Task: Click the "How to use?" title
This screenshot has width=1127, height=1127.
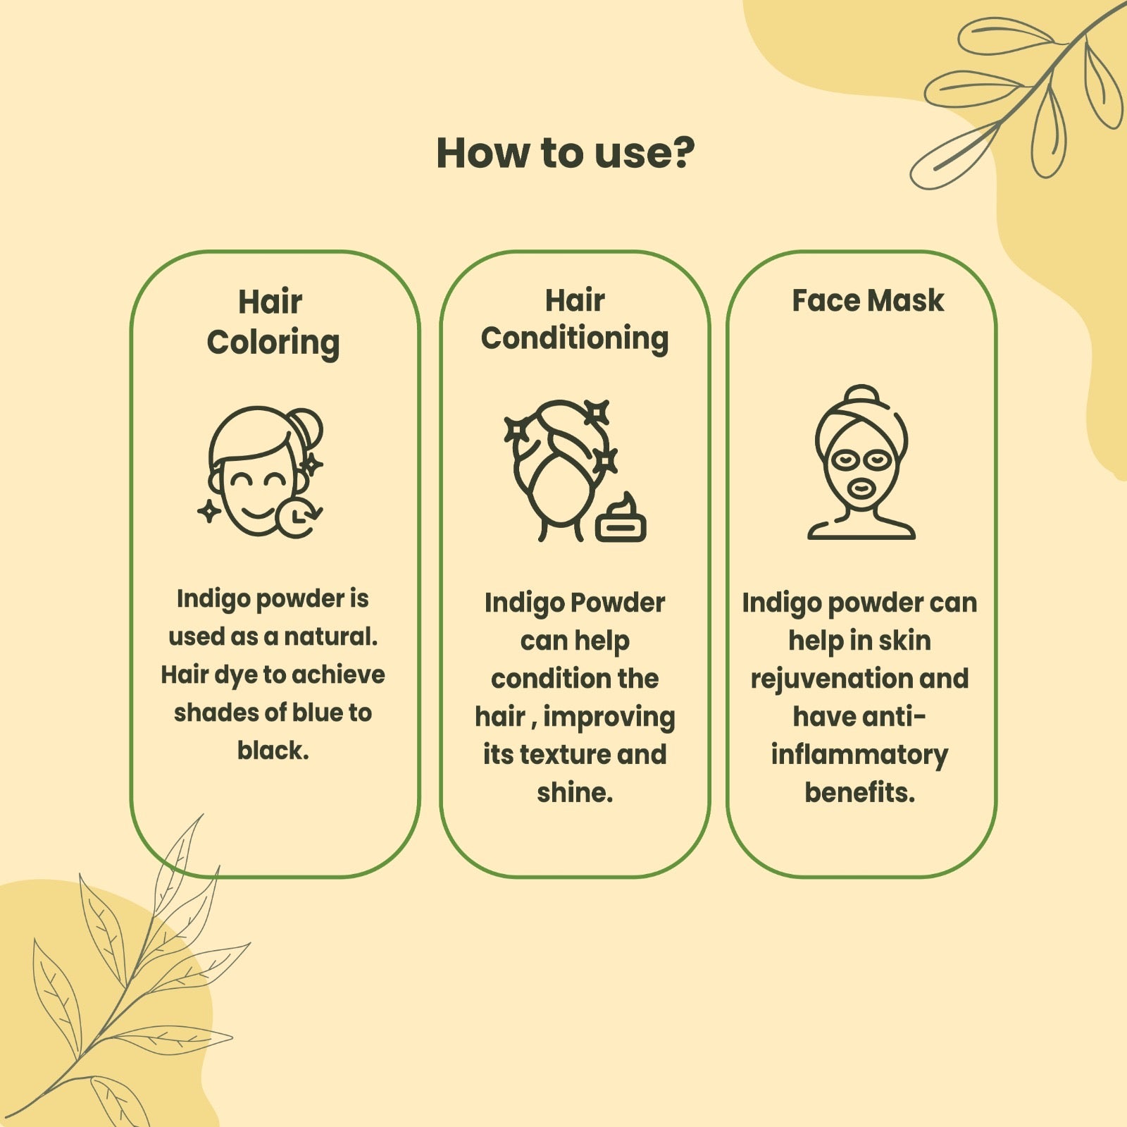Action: (565, 153)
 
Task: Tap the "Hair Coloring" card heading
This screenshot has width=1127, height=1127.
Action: (273, 323)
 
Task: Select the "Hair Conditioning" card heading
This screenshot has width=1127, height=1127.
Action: (575, 320)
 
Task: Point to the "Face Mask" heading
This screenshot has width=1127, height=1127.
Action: (868, 301)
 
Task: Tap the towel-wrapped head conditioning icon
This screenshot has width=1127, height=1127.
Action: (574, 471)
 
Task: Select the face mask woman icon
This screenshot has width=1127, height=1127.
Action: (861, 462)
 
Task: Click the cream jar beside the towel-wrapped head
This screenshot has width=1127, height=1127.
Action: (621, 519)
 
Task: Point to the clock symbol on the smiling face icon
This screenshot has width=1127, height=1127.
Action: (299, 517)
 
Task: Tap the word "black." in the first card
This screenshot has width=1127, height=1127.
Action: (273, 751)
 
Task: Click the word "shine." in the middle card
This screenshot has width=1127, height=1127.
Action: (575, 793)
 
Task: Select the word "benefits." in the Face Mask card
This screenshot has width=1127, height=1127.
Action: (859, 793)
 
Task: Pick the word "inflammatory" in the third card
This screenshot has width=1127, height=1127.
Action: (859, 755)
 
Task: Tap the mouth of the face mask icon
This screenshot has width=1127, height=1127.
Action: (860, 488)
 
